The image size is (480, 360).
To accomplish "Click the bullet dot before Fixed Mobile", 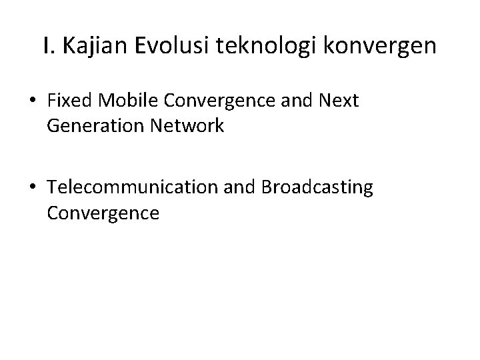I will pyautogui.click(x=32, y=101).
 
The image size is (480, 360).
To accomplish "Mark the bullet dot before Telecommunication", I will pyautogui.click(x=32, y=189).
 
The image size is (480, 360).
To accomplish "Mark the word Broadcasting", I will pyautogui.click(x=317, y=189).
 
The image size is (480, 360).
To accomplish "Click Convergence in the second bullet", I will pyautogui.click(x=103, y=213).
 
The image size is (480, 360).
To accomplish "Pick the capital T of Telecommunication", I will pyautogui.click(x=52, y=189).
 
